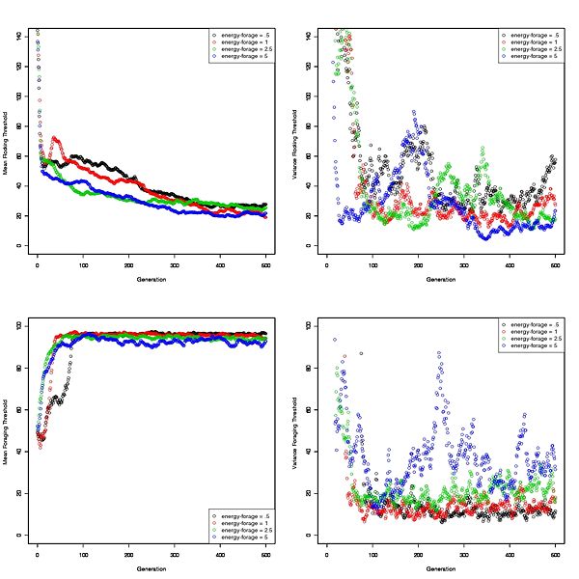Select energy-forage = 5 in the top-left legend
coord(243,58)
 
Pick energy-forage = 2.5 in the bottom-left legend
coord(243,525)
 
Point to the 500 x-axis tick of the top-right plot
coord(556,264)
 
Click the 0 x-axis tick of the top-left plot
coord(38,264)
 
